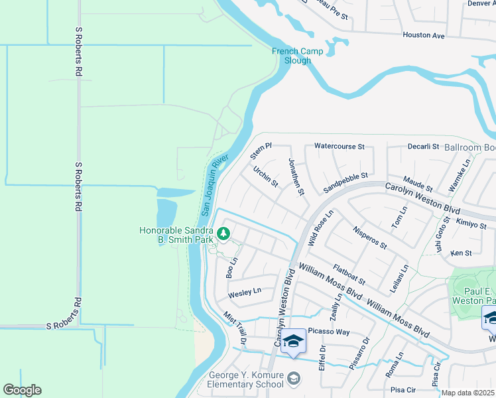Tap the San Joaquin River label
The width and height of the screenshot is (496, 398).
click(x=214, y=186)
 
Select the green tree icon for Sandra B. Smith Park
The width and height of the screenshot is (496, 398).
click(x=224, y=233)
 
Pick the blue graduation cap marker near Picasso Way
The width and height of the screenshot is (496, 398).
click(x=294, y=342)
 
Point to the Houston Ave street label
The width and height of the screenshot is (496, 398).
click(x=423, y=35)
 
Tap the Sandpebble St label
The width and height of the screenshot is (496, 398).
click(x=345, y=182)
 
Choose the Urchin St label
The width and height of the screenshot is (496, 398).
click(x=265, y=176)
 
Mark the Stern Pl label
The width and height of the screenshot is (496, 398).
click(x=261, y=151)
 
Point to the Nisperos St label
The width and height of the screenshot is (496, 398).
click(x=370, y=238)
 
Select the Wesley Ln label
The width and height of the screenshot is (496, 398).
click(x=245, y=291)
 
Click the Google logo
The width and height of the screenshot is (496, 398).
click(x=22, y=390)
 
